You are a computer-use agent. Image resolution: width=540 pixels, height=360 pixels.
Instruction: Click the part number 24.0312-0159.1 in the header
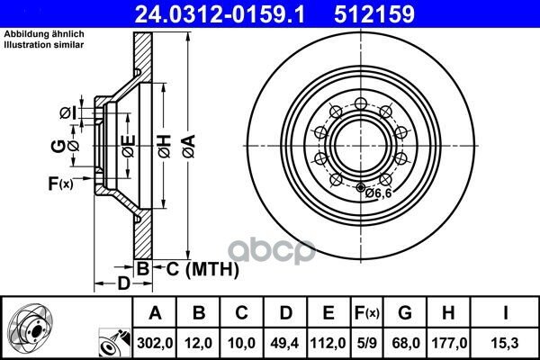click(220, 14)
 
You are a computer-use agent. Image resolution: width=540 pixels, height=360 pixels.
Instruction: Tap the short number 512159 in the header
click(374, 14)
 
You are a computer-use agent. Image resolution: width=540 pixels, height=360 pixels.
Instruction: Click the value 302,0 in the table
click(155, 343)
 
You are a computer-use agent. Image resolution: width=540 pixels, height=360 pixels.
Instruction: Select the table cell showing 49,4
click(285, 343)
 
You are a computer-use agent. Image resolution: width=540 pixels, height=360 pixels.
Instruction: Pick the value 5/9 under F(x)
click(367, 343)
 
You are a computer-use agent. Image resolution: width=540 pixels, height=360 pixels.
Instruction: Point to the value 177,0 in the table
click(449, 343)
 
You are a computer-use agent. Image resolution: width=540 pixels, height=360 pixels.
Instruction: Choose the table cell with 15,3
click(505, 343)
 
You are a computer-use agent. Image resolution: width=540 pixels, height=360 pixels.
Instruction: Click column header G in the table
click(405, 313)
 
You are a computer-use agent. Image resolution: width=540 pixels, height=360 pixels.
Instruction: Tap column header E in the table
click(328, 313)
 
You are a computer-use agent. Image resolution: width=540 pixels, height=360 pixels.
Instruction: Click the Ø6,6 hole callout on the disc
click(379, 193)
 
